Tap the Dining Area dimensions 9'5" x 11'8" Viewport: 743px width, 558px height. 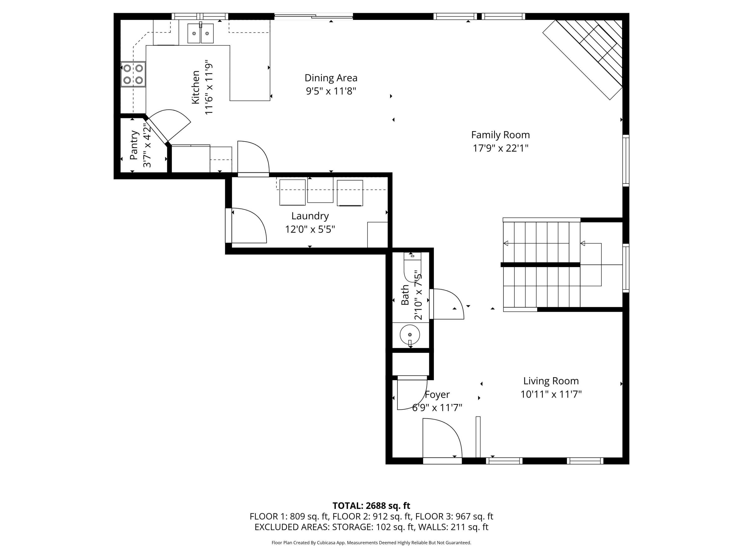[331, 91]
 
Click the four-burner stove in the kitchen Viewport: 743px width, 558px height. [133, 74]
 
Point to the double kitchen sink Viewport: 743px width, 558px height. [201, 33]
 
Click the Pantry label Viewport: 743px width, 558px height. [134, 145]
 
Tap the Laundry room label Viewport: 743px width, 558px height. [310, 216]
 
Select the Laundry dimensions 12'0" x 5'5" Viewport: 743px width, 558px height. [310, 229]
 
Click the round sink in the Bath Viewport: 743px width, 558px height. [410, 335]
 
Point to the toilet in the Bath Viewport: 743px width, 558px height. [412, 267]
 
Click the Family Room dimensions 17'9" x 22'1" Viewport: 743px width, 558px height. [501, 148]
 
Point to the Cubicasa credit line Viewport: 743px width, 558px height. [371, 543]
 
